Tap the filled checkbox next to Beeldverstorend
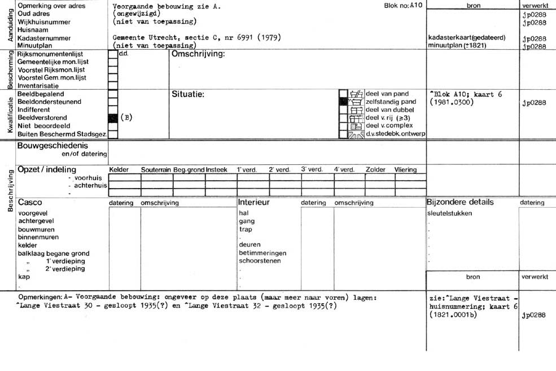pyautogui.click(x=113, y=118)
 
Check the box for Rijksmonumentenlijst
pyautogui.click(x=113, y=54)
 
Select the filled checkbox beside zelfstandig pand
pyautogui.click(x=343, y=102)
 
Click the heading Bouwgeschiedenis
pyautogui.click(x=53, y=146)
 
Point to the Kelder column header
pyautogui.click(x=119, y=169)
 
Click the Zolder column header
pyautogui.click(x=375, y=169)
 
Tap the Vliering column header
pyautogui.click(x=406, y=169)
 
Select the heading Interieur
pyautogui.click(x=254, y=202)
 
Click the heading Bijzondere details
pyautogui.click(x=460, y=202)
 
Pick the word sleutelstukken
pyautogui.click(x=449, y=213)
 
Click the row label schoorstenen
pyautogui.click(x=260, y=261)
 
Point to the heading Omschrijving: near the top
pyautogui.click(x=198, y=54)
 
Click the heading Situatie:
pyautogui.click(x=188, y=94)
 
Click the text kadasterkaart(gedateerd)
pyautogui.click(x=467, y=38)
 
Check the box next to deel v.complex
pyautogui.click(x=343, y=126)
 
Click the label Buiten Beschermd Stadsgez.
pyautogui.click(x=62, y=134)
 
